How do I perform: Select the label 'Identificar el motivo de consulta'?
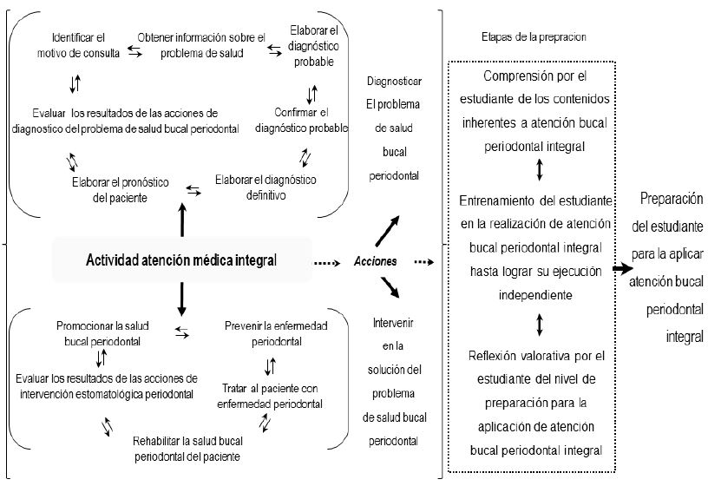coord(78,45)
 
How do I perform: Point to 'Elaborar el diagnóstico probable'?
coord(314,46)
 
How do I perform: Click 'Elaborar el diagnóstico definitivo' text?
coord(265,187)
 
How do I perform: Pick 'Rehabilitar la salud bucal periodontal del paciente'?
coord(187,449)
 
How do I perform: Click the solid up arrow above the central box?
coord(181,218)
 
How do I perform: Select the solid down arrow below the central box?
coord(181,299)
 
